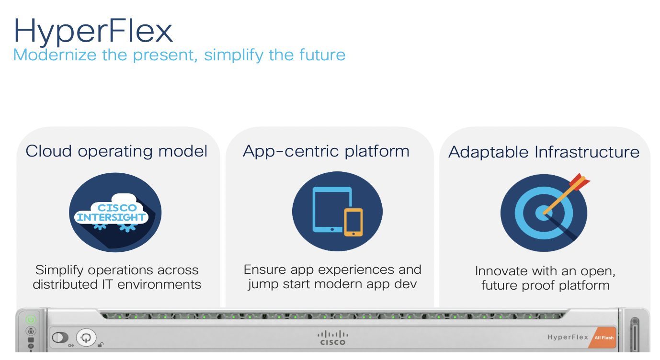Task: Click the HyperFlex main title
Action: point(93,32)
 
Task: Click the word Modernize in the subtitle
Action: point(55,55)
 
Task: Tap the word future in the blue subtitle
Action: point(322,55)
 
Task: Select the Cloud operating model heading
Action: point(116,151)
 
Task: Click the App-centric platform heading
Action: point(326,151)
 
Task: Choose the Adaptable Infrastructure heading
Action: point(544,152)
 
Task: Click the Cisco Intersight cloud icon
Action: point(115,213)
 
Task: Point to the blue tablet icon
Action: point(332,210)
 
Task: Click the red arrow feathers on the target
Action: point(580,181)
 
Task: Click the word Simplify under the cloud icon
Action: point(59,270)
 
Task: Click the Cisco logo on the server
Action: point(333,338)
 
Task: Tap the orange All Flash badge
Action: point(603,337)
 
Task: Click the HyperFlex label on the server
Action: point(568,337)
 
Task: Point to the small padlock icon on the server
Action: point(101,345)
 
